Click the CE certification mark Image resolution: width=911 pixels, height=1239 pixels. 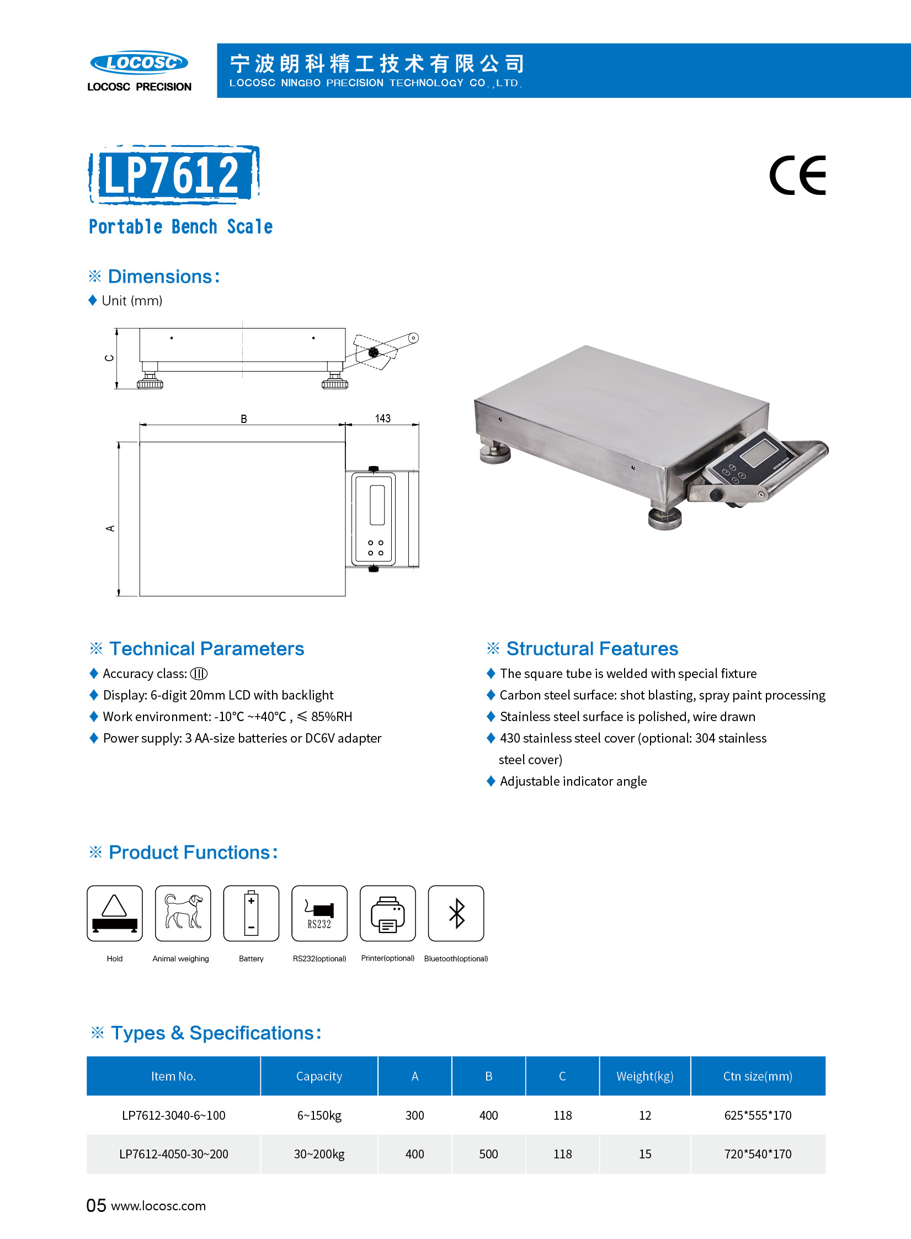(797, 176)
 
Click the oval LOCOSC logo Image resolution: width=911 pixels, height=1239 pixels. (139, 62)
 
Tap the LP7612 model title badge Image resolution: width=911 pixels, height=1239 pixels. (173, 174)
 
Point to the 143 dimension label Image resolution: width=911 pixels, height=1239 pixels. (382, 419)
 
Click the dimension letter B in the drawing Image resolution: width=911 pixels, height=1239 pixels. (243, 419)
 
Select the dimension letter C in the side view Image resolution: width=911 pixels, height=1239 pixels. (109, 358)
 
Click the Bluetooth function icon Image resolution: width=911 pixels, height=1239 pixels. (456, 913)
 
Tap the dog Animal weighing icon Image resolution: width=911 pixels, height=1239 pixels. (183, 913)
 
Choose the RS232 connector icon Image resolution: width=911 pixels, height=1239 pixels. (319, 913)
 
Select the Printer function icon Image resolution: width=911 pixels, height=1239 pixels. (387, 913)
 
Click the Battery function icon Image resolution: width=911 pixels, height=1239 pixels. (251, 913)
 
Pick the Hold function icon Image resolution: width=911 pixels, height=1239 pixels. (115, 913)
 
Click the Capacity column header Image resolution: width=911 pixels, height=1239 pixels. (319, 1076)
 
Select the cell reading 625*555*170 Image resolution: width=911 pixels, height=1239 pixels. (758, 1115)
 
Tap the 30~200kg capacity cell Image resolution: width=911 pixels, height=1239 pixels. (319, 1154)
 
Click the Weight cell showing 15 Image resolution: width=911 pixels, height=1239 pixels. (644, 1154)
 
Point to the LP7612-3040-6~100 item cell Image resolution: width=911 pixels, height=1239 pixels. (173, 1115)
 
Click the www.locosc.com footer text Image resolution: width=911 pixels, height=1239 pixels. (158, 1206)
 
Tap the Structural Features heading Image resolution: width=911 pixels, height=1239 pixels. (592, 648)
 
